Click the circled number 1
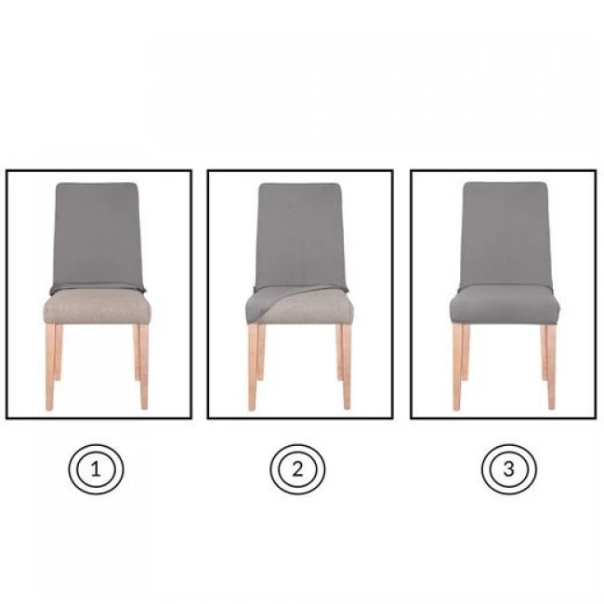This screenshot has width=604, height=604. (96, 469)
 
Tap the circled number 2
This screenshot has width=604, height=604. (297, 469)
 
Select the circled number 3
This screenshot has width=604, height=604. (508, 469)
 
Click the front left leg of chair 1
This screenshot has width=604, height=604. (50, 367)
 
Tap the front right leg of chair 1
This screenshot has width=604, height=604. (144, 367)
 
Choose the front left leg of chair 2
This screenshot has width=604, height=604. (253, 367)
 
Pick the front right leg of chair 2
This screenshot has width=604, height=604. (347, 367)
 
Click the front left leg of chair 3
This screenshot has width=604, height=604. (457, 367)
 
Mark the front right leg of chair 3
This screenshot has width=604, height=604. (551, 367)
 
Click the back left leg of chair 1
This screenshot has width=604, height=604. (59, 352)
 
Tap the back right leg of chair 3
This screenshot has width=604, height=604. (544, 352)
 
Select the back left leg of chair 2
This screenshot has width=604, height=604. (261, 352)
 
